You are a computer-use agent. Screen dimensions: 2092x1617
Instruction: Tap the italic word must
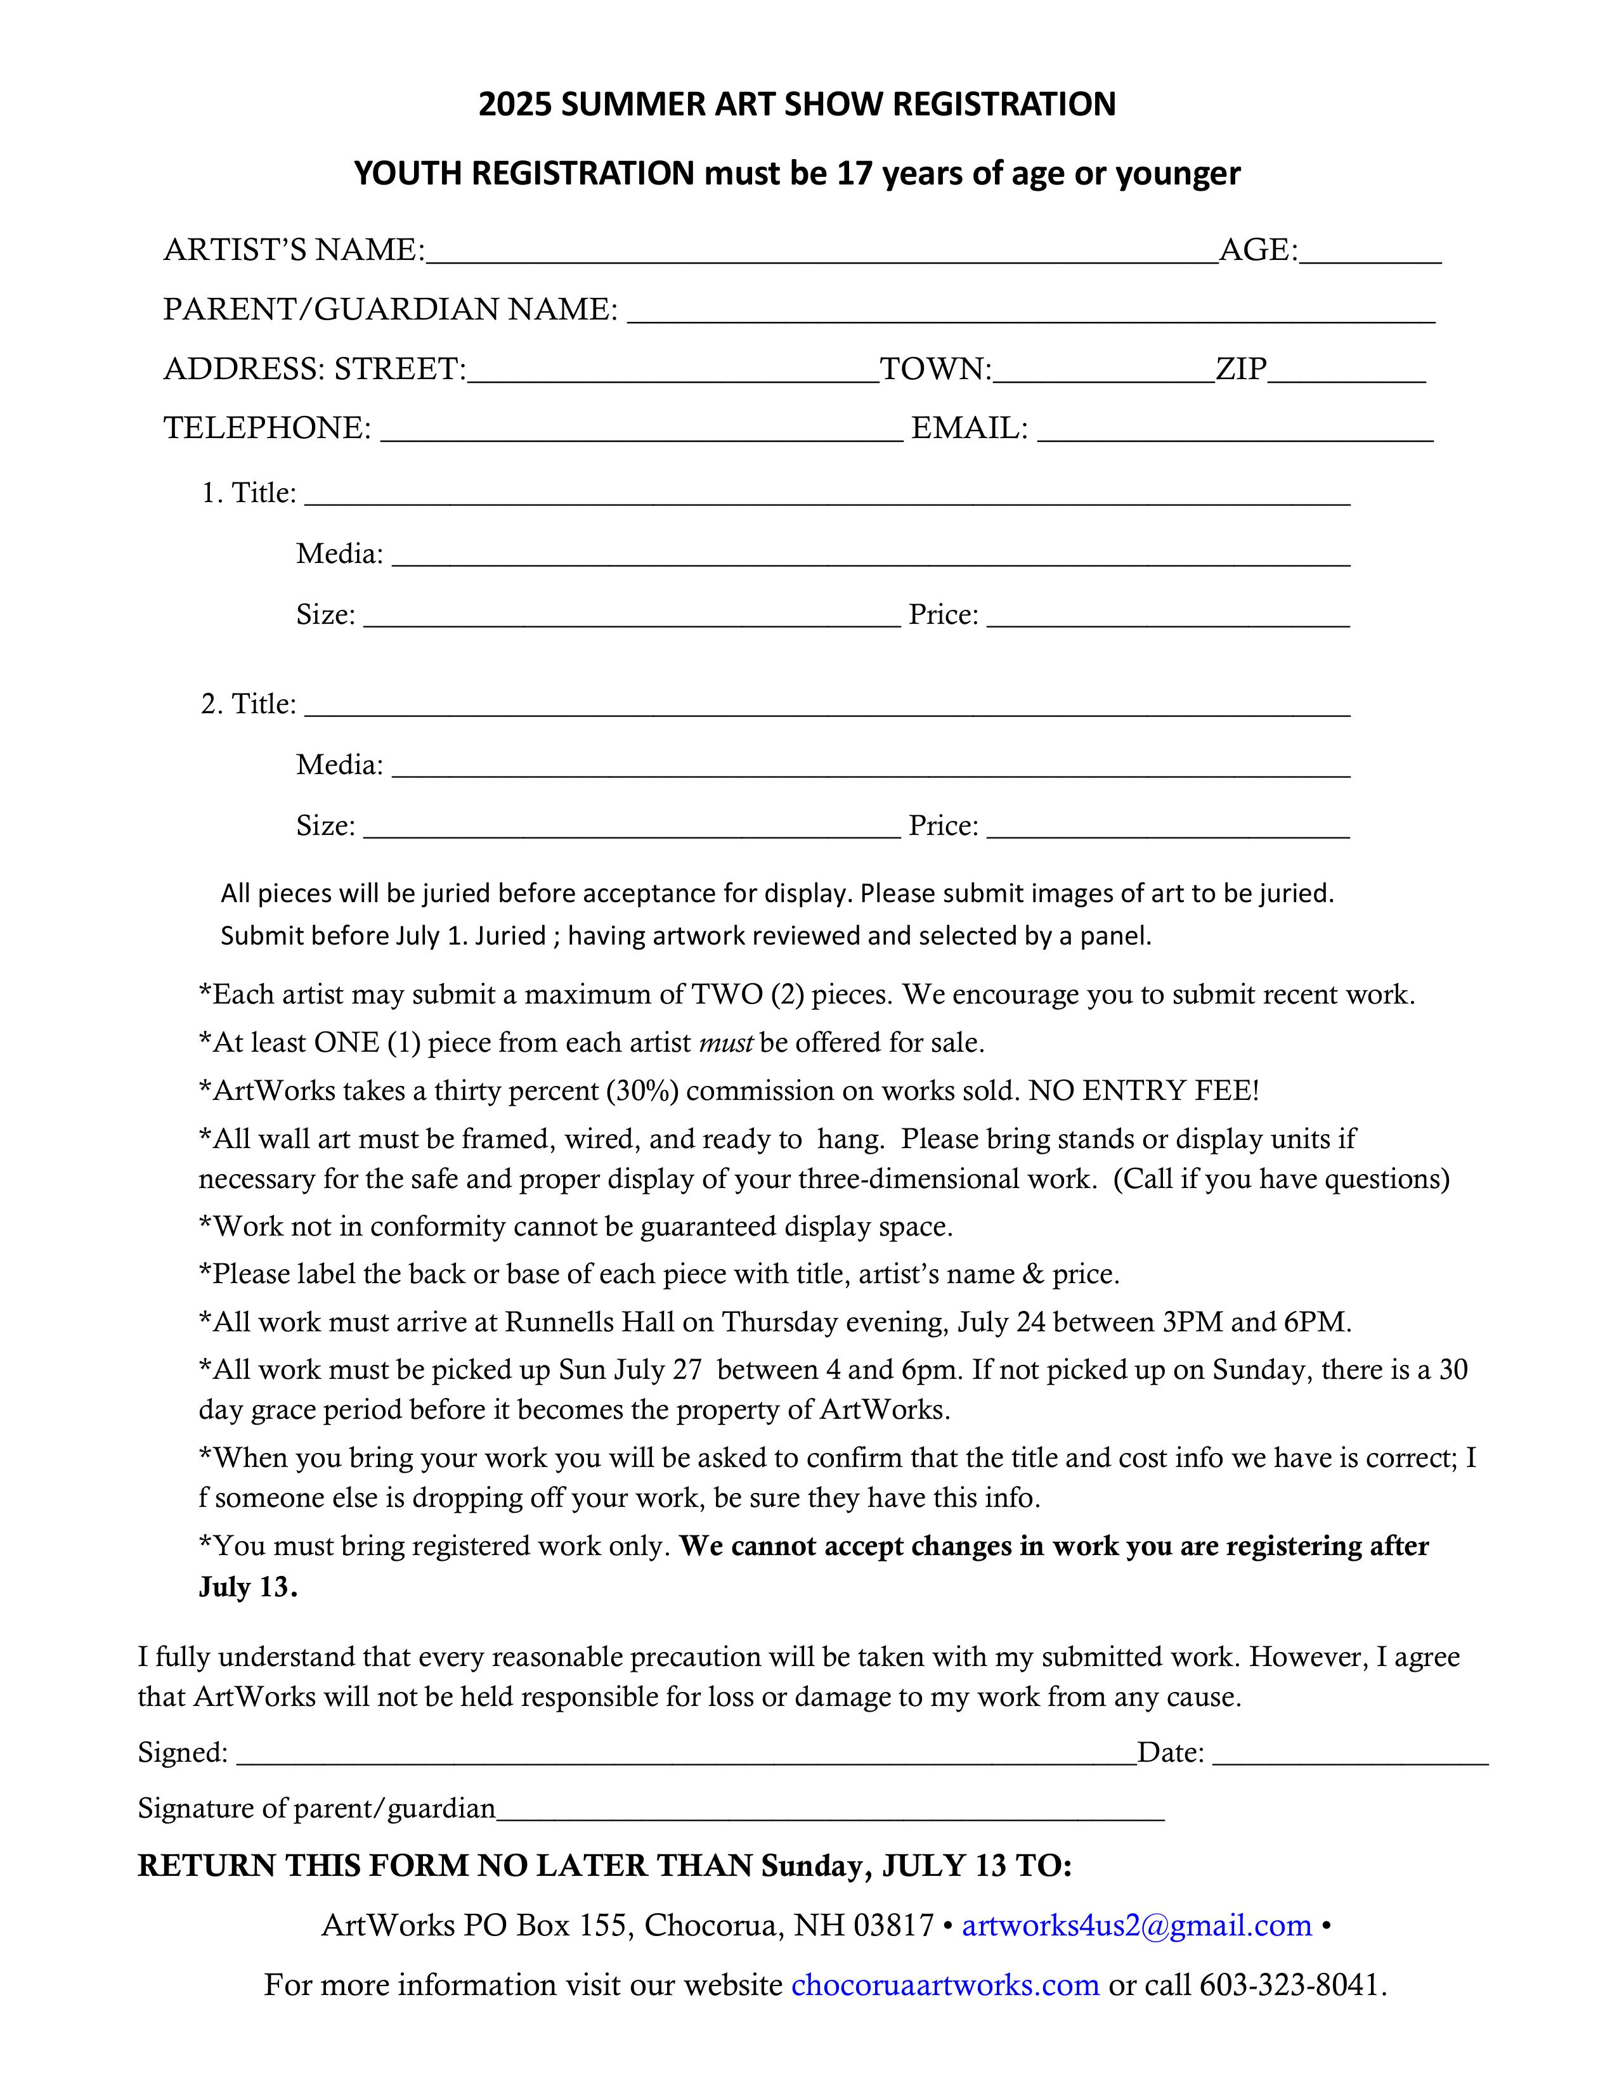726,1043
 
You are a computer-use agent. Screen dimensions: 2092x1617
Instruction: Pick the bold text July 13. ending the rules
248,1588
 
